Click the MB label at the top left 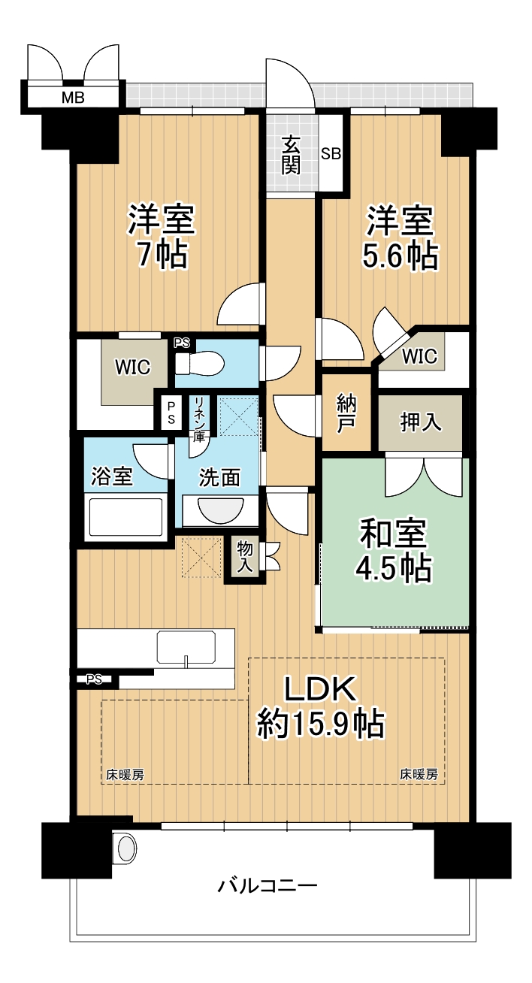[73, 97]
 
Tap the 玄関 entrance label [292, 155]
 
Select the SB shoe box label [331, 154]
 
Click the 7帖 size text [162, 256]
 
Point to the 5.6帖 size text [401, 256]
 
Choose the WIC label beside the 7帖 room [132, 367]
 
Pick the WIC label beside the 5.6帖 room [419, 357]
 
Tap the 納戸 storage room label [346, 413]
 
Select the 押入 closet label [420, 422]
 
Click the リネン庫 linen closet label [201, 416]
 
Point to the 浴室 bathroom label [112, 476]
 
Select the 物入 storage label [245, 558]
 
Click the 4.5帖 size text [394, 569]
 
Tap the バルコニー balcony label [268, 885]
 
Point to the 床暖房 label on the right [418, 774]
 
